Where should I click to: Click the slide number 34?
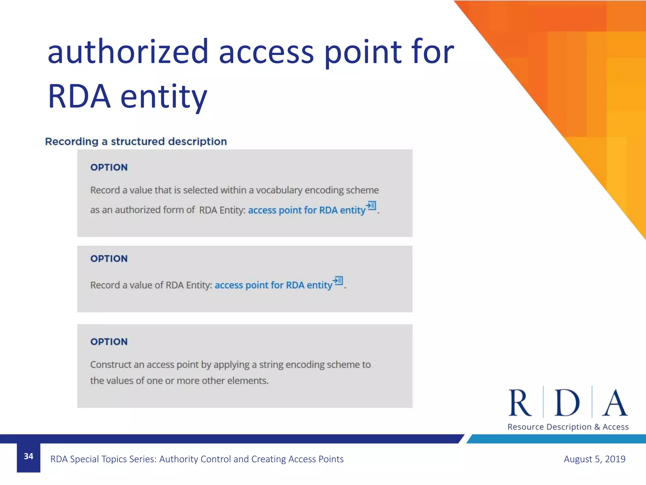tap(28, 456)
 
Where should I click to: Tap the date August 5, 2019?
tap(594, 459)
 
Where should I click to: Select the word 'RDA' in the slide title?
tap(79, 96)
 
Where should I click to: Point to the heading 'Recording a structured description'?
tap(136, 141)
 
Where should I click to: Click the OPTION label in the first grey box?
tap(109, 167)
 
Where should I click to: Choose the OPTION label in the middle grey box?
tap(109, 259)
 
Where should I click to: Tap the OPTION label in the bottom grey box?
tap(109, 342)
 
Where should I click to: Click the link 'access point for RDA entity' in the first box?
tap(307, 210)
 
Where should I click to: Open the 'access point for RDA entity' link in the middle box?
tap(273, 285)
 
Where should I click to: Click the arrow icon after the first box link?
tap(371, 206)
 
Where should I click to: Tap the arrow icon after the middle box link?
tap(338, 280)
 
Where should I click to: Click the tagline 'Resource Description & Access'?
tap(568, 427)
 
